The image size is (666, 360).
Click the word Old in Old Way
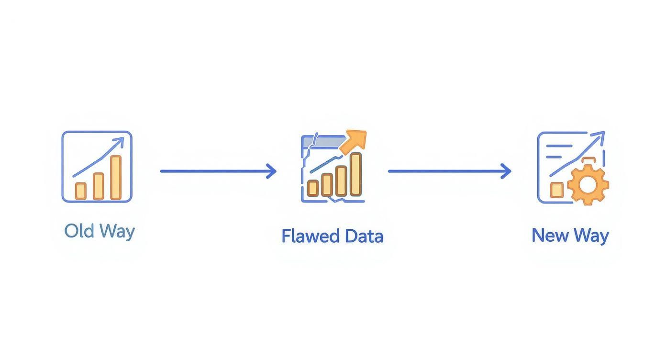(79, 230)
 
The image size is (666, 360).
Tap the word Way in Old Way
(117, 232)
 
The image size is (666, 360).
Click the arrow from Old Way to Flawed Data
(218, 171)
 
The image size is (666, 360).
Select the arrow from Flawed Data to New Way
(450, 171)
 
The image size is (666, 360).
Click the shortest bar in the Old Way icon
(80, 191)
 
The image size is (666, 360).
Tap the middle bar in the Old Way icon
(99, 186)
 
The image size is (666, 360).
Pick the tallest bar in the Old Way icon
(116, 178)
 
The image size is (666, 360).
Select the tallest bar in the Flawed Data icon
(355, 174)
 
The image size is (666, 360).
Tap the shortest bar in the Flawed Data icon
(313, 188)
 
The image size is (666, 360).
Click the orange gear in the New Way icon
(588, 184)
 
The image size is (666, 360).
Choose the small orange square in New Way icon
(556, 190)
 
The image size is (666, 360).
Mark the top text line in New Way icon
(559, 146)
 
